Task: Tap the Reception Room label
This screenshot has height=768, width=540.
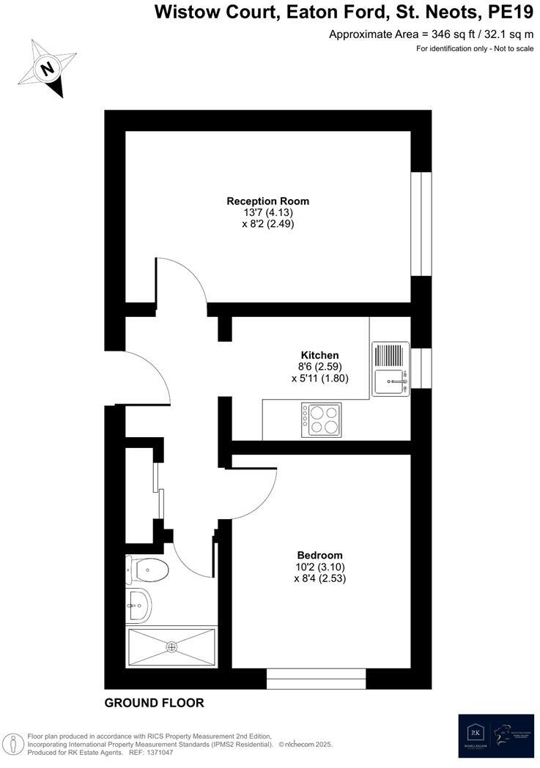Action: tap(267, 201)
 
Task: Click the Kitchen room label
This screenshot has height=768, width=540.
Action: tap(319, 355)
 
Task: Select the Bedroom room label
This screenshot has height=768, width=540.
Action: tap(319, 555)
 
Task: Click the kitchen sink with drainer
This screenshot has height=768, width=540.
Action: tap(391, 369)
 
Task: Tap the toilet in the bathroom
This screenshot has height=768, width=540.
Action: tap(148, 568)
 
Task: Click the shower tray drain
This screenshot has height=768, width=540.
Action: tap(172, 646)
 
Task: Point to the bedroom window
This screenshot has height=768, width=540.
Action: tap(316, 679)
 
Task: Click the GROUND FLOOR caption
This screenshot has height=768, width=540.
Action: tap(154, 703)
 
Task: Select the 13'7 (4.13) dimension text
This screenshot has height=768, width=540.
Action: tap(268, 212)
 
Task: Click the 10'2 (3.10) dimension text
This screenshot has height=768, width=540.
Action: tap(319, 567)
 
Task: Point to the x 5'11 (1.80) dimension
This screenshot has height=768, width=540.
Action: tap(319, 379)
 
